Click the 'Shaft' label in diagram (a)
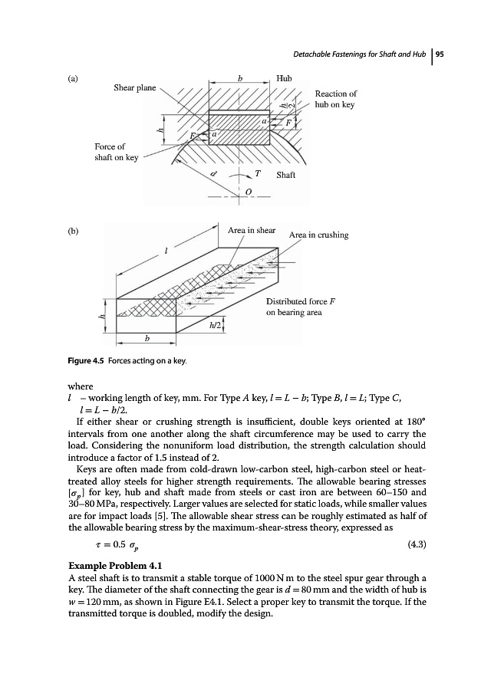286,175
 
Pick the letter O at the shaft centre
248,190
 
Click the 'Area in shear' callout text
252,229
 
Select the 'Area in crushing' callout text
318,235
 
